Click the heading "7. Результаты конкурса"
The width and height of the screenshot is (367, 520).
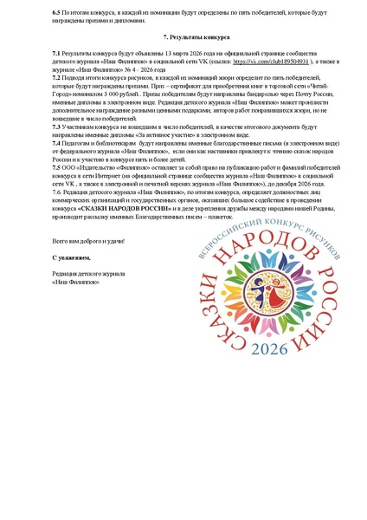point(183,38)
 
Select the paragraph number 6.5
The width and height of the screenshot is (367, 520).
point(57,10)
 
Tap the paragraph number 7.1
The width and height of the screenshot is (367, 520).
point(57,54)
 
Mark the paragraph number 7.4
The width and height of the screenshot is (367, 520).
point(57,141)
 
